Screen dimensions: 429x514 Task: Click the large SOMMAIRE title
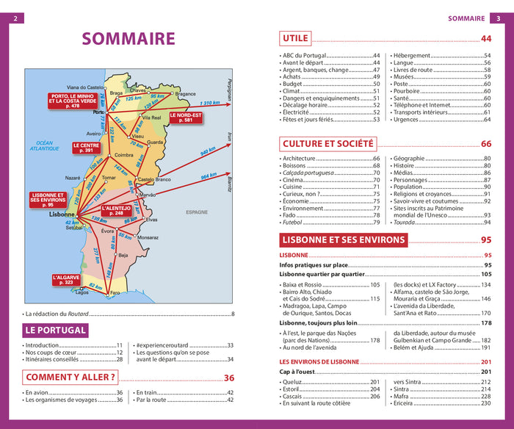pyautogui.click(x=128, y=39)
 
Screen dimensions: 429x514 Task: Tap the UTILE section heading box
pyautogui.click(x=295, y=38)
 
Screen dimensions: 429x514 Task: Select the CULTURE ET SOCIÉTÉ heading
pyautogui.click(x=327, y=144)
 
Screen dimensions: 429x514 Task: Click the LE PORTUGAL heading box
pyautogui.click(x=57, y=331)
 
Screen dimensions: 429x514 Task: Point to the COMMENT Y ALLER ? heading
pyautogui.click(x=70, y=378)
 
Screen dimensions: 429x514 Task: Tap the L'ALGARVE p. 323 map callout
pyautogui.click(x=65, y=280)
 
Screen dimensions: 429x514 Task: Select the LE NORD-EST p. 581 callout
pyautogui.click(x=185, y=117)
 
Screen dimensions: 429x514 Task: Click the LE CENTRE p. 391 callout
pyautogui.click(x=86, y=148)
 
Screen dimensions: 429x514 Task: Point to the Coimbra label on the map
pyautogui.click(x=123, y=155)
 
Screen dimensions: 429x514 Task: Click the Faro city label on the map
pyautogui.click(x=115, y=293)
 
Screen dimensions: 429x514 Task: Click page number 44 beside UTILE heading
pyautogui.click(x=486, y=39)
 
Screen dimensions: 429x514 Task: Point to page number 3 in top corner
pyautogui.click(x=499, y=18)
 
